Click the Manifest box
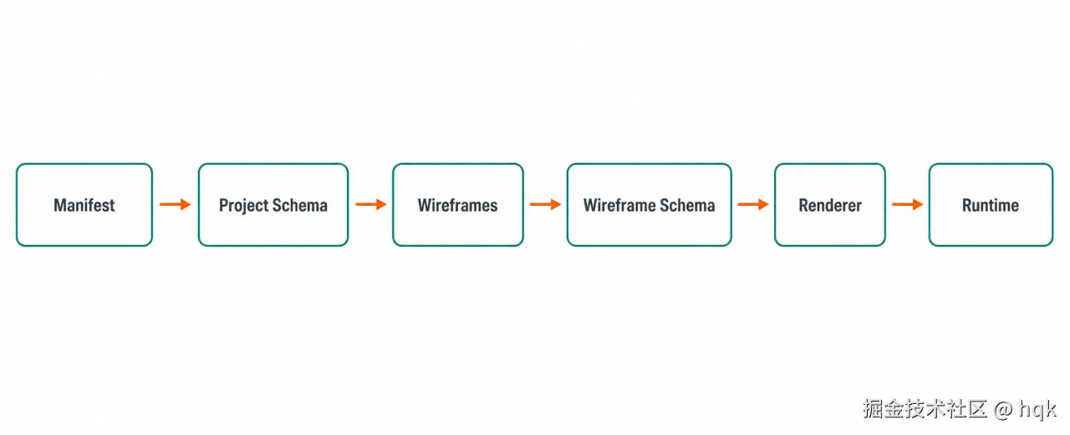[84, 205]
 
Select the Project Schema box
[273, 205]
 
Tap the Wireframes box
[458, 205]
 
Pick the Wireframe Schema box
[650, 205]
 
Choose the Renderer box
[830, 205]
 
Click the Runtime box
[991, 205]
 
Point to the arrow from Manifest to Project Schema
[176, 205]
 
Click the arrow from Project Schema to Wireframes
[370, 205]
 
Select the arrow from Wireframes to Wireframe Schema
[546, 205]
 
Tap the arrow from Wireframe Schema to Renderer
[753, 205]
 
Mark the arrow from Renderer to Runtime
[908, 205]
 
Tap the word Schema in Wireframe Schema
[687, 205]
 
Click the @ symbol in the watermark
[1002, 410]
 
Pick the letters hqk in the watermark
[1037, 410]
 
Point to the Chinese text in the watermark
[925, 409]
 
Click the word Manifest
[84, 205]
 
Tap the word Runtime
[991, 205]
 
